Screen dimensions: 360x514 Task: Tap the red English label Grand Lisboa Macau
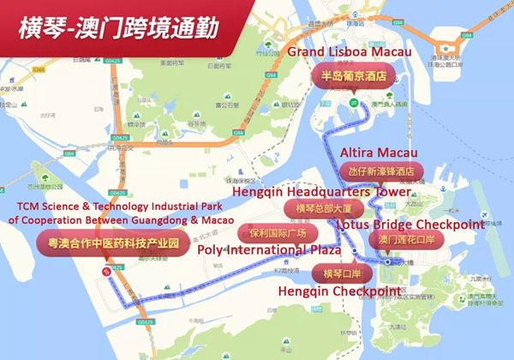point(350,53)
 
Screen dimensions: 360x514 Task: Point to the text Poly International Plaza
point(270,250)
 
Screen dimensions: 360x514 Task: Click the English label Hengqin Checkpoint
point(339,291)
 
